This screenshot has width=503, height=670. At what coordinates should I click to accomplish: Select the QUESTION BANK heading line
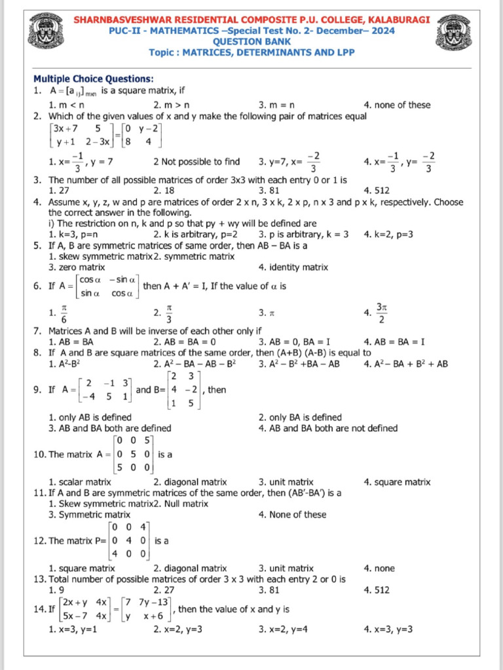click(x=251, y=41)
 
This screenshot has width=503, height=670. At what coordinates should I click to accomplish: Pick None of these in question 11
click(x=292, y=514)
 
